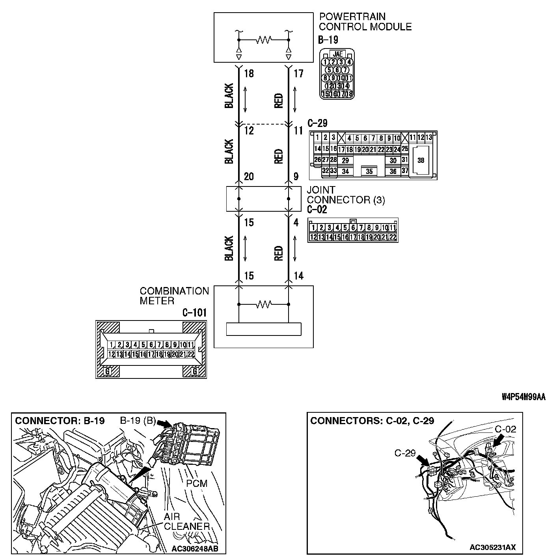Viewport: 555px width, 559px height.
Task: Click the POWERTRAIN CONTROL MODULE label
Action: [365, 22]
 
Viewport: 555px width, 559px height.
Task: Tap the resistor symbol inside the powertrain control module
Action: [264, 40]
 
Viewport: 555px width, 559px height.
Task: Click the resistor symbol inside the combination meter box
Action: [264, 304]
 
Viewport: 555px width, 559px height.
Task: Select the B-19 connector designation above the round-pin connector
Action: [328, 40]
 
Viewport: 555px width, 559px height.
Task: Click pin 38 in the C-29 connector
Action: [421, 160]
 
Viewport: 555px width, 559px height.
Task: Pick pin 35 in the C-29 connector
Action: [369, 171]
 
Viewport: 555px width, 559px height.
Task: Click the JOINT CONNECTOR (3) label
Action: [346, 195]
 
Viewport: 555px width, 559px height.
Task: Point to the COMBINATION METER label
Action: [174, 296]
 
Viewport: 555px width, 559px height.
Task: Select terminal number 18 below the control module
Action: [249, 74]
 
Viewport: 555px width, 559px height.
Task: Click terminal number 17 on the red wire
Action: [299, 74]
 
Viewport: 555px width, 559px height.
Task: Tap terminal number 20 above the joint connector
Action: [249, 176]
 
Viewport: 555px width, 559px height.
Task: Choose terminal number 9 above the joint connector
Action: [296, 176]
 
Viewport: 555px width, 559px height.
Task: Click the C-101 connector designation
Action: [194, 313]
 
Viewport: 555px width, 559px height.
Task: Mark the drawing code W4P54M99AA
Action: [523, 397]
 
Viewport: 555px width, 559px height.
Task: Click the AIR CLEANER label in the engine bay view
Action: [186, 521]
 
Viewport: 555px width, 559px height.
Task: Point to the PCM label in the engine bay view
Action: [197, 483]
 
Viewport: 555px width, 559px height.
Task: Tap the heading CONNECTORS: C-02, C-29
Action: [372, 421]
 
